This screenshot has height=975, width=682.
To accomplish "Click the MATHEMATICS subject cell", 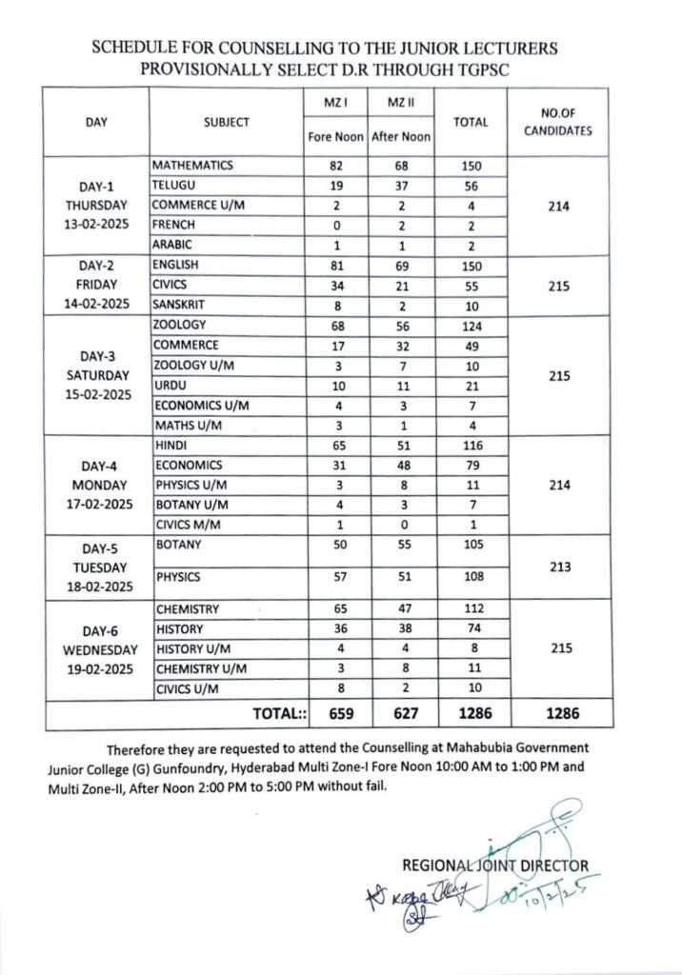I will click(192, 166).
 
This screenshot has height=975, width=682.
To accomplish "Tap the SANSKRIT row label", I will click(179, 305).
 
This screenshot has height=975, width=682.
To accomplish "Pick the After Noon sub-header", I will click(401, 137).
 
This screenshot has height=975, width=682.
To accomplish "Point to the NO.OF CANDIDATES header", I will click(558, 122).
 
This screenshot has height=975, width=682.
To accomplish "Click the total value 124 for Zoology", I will click(471, 326).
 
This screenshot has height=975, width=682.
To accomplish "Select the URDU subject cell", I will click(171, 386).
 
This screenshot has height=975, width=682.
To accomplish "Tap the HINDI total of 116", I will click(471, 446).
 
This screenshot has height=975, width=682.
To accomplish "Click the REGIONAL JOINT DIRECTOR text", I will click(495, 866).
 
